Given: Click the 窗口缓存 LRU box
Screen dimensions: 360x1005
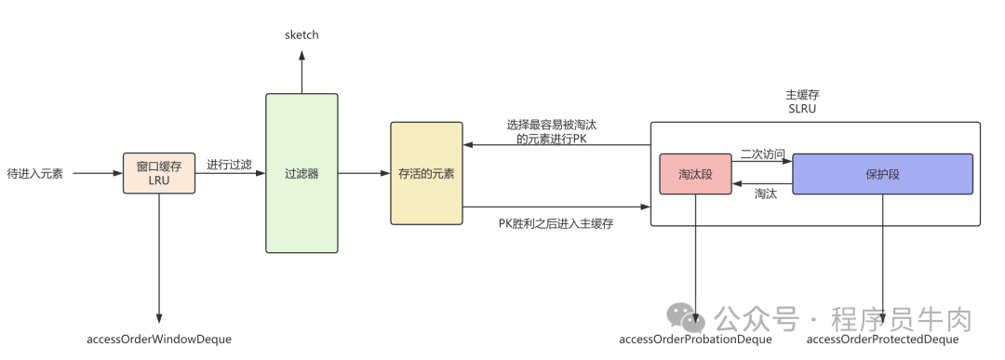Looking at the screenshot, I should pyautogui.click(x=159, y=173).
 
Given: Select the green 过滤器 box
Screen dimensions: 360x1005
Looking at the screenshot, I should pyautogui.click(x=301, y=173).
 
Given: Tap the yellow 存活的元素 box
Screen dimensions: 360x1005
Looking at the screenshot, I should pyautogui.click(x=426, y=173).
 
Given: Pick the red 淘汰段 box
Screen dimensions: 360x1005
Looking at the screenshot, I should pyautogui.click(x=695, y=174).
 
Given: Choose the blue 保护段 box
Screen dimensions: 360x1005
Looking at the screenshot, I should pyautogui.click(x=882, y=174).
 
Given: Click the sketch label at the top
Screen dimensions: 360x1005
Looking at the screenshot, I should pyautogui.click(x=301, y=34).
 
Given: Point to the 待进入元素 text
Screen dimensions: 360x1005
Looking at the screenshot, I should pyautogui.click(x=34, y=173).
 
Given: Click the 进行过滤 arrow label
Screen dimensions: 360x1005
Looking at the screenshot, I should pyautogui.click(x=229, y=165).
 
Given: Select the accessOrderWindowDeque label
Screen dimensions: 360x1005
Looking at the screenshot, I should pyautogui.click(x=159, y=340).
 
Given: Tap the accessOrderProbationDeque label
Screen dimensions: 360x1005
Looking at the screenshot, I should pyautogui.click(x=695, y=340).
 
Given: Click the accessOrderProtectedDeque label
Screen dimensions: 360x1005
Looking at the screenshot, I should pyautogui.click(x=882, y=340).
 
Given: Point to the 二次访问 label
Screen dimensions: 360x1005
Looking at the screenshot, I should pyautogui.click(x=762, y=153).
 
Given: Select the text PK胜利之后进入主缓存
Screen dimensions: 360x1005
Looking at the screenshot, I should pyautogui.click(x=556, y=223).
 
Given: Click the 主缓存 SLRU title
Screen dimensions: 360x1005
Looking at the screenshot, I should pyautogui.click(x=802, y=101).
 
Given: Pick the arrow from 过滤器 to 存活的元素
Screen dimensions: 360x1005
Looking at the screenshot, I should pyautogui.click(x=363, y=173).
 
